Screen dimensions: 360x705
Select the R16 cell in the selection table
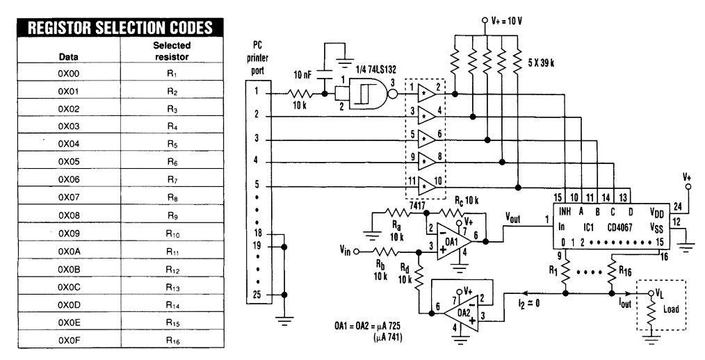166,339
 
